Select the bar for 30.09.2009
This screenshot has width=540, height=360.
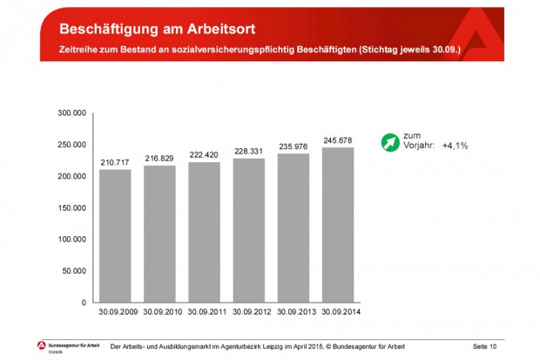click(x=115, y=235)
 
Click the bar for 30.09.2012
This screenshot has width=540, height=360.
click(x=249, y=230)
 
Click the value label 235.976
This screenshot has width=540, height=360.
click(x=294, y=146)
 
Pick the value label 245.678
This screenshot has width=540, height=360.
click(x=338, y=139)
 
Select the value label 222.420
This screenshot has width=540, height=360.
click(x=204, y=153)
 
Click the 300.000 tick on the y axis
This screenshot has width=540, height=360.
click(x=71, y=113)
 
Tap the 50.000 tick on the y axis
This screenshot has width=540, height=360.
click(x=74, y=271)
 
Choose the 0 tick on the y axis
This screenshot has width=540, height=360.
click(x=84, y=302)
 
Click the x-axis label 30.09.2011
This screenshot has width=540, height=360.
click(x=204, y=311)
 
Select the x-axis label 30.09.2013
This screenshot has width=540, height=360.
click(x=294, y=311)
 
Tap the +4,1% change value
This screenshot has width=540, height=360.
click(x=455, y=146)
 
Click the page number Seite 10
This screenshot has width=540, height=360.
click(x=484, y=347)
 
